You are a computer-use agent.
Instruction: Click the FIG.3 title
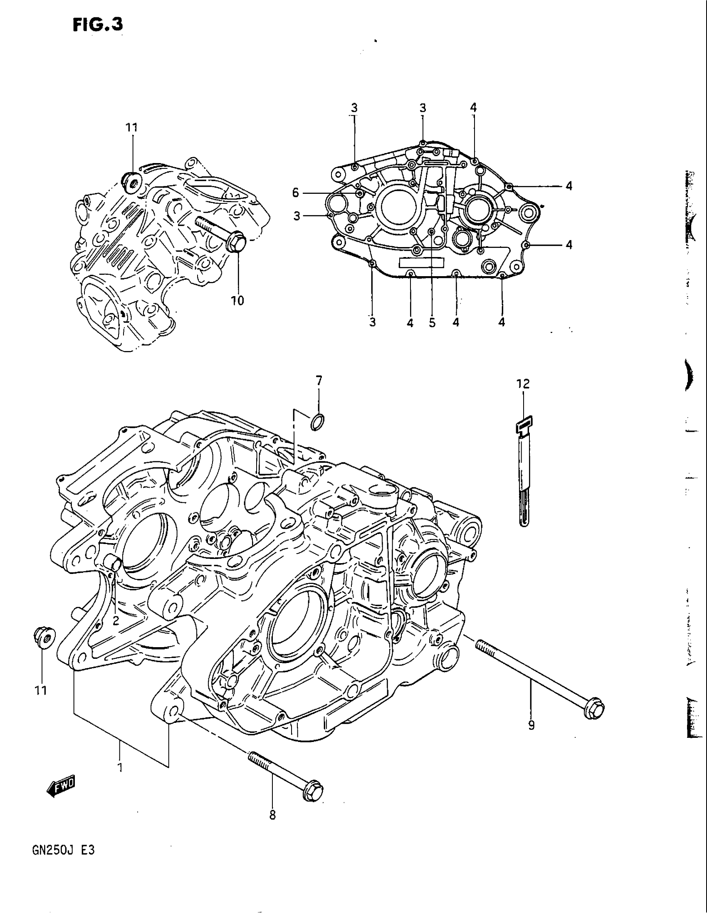[98, 25]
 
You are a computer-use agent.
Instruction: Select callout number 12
[523, 383]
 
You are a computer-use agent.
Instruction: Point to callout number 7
[319, 381]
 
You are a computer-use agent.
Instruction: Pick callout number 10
[237, 300]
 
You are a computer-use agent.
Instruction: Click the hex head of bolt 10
[235, 242]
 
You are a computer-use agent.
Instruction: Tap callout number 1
[120, 767]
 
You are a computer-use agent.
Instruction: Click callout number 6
[296, 193]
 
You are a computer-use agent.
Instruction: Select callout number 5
[432, 322]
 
